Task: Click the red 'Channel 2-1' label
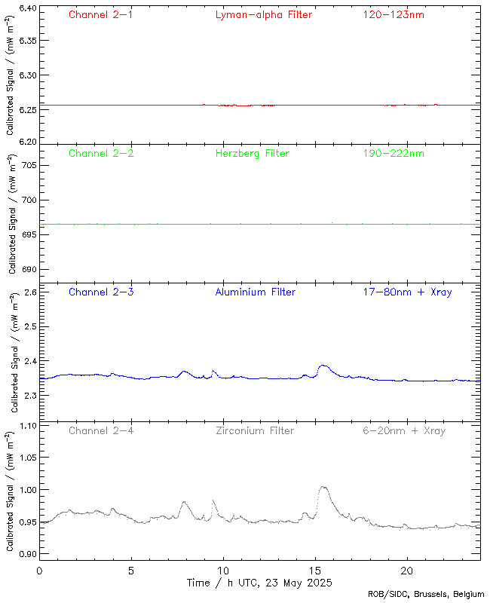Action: click(100, 14)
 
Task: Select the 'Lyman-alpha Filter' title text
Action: click(263, 14)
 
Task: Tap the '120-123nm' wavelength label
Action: click(393, 14)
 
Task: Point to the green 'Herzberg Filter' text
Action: click(253, 153)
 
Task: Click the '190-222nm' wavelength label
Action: click(393, 153)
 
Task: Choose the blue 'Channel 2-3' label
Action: click(100, 292)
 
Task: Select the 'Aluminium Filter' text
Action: click(255, 292)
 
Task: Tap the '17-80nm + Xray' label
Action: click(407, 292)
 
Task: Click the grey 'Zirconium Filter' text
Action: click(254, 430)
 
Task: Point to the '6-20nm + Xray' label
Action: click(403, 430)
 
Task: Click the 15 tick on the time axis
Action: click(315, 571)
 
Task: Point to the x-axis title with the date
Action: click(259, 583)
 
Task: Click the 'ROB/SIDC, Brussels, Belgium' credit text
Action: click(430, 594)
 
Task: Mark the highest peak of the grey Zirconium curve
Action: click(323, 487)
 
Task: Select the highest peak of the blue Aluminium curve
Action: click(323, 366)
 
